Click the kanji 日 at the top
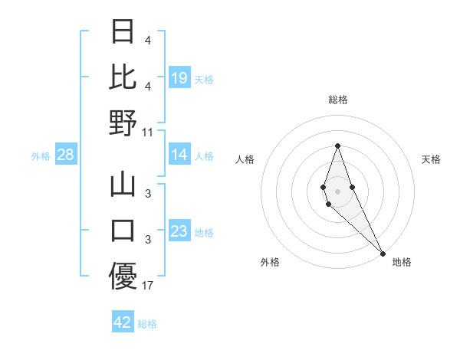123,32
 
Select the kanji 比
123,77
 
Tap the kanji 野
123,123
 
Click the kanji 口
123,231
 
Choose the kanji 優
123,276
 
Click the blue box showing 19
179,78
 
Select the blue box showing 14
179,155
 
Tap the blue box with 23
179,232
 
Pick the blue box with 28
65,155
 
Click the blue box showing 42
122,322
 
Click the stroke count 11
147,132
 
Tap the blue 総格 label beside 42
147,324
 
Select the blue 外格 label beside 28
41,156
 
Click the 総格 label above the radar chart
337,100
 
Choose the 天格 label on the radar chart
431,159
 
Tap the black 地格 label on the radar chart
402,262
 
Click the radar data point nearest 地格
383,254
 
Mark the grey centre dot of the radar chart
337,191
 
